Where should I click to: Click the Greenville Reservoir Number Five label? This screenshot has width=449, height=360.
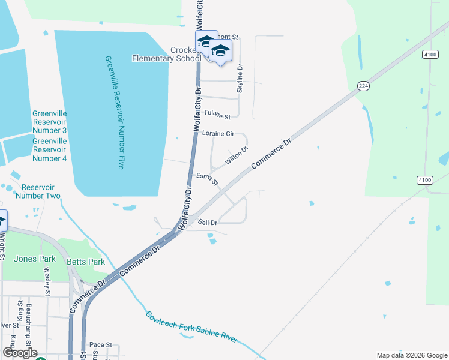tap(113, 113)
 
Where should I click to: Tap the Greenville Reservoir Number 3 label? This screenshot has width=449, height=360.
tap(49, 122)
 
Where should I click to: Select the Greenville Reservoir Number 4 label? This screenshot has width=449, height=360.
tap(49, 149)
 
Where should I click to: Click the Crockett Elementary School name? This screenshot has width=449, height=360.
tap(167, 54)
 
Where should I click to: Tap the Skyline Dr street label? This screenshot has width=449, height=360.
tap(240, 78)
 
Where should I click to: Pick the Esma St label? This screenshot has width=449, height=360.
tap(207, 178)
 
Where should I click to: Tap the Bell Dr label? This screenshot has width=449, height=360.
tap(207, 222)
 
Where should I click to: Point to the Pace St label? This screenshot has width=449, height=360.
tap(101, 345)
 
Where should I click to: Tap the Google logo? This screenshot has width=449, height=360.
tap(20, 353)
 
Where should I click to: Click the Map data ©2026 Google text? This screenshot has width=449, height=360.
tap(412, 355)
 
